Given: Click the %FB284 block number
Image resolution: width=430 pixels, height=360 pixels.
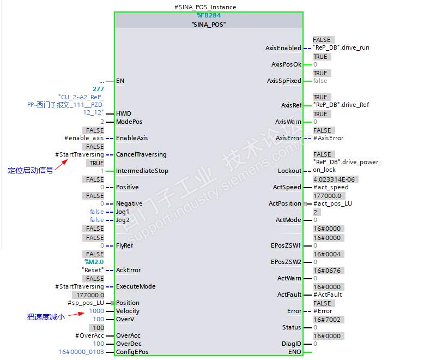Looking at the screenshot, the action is click(209, 15).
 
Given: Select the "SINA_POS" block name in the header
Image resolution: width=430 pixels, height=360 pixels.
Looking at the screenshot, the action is click(209, 25).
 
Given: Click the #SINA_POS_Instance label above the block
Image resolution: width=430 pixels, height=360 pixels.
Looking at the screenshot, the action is click(205, 7).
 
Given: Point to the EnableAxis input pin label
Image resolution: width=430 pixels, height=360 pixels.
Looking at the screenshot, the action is click(132, 138).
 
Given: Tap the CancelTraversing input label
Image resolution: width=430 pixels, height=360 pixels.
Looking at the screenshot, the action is click(141, 154).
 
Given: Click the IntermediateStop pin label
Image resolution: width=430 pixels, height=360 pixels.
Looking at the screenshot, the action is click(142, 171).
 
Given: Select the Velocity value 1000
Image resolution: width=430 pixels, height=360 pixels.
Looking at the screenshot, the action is click(96, 311).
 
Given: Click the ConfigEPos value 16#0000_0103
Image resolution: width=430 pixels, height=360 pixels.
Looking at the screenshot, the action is click(81, 352).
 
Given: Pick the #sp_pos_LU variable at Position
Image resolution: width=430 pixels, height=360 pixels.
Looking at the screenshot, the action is click(86, 303).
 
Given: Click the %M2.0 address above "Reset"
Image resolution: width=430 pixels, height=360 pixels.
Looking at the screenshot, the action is click(94, 262).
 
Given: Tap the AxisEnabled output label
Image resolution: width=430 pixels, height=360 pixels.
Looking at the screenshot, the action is click(283, 48).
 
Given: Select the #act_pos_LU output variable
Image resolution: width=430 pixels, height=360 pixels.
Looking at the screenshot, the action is click(332, 203).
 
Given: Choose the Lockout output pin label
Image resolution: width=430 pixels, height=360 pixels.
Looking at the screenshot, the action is click(289, 171).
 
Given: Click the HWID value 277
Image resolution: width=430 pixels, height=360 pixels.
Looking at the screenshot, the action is click(98, 89).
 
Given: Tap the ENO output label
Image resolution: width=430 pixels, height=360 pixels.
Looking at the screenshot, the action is click(295, 352).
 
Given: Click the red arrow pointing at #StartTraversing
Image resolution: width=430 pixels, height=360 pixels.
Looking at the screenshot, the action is click(61, 165).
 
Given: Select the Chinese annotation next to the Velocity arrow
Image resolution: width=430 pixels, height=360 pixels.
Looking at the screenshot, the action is click(46, 317).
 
